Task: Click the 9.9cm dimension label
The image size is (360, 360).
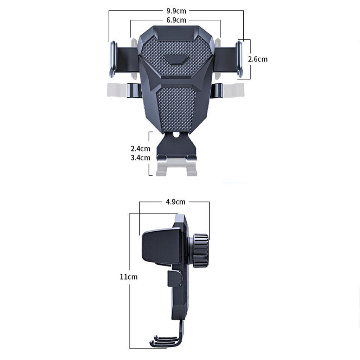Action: [x=176, y=11]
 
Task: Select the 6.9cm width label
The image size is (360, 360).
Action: [x=176, y=20]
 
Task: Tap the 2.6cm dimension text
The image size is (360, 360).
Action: [x=258, y=59]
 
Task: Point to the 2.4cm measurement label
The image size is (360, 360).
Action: [x=140, y=149]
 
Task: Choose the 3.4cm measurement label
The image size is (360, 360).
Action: [x=140, y=158]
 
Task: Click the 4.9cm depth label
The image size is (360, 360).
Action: [x=175, y=202]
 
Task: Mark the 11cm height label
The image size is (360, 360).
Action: [x=129, y=277]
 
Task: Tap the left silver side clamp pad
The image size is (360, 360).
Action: [x=113, y=59]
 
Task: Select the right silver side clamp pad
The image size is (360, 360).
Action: [x=239, y=59]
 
